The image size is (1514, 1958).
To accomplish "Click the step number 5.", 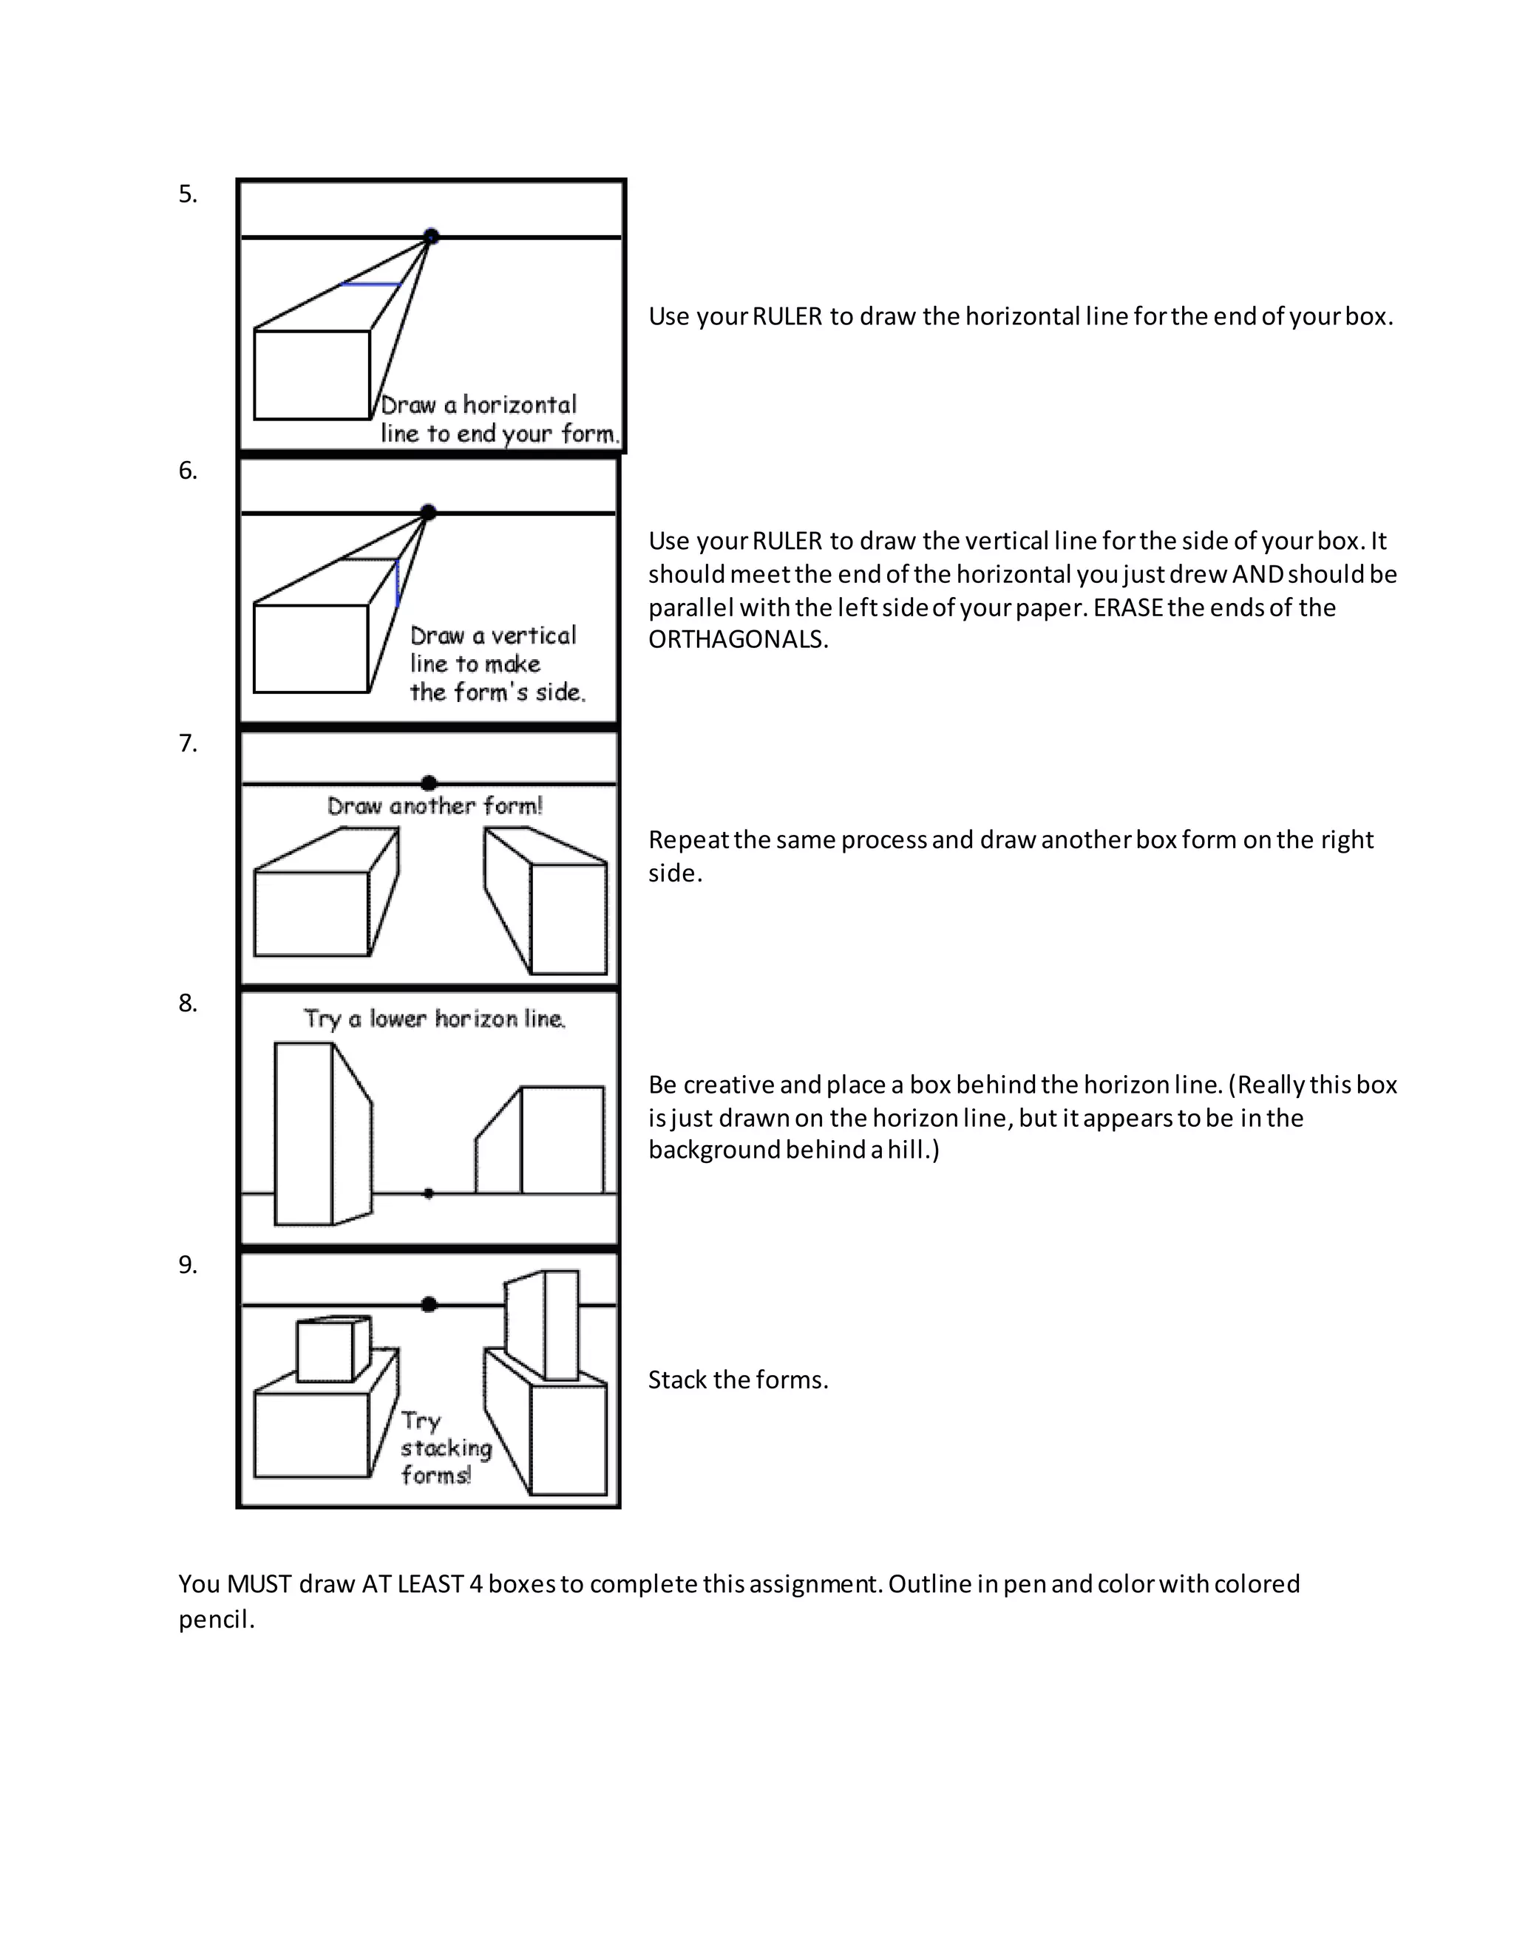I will (x=186, y=194).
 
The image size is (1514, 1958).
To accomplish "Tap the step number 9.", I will (x=186, y=1265).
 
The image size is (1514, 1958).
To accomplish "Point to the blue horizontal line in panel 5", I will (x=370, y=285).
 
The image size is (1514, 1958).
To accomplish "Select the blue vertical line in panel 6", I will (x=397, y=584).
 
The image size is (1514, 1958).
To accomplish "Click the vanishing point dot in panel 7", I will (x=429, y=782).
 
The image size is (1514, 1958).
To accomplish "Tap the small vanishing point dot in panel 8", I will (x=429, y=1193).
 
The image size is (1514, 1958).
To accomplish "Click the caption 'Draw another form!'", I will (x=435, y=806).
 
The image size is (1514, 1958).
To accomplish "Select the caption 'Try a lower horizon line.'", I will (x=435, y=1020).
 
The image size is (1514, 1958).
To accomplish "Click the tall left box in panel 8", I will (x=305, y=1134).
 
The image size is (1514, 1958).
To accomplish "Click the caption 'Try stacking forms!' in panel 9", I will (x=445, y=1448).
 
